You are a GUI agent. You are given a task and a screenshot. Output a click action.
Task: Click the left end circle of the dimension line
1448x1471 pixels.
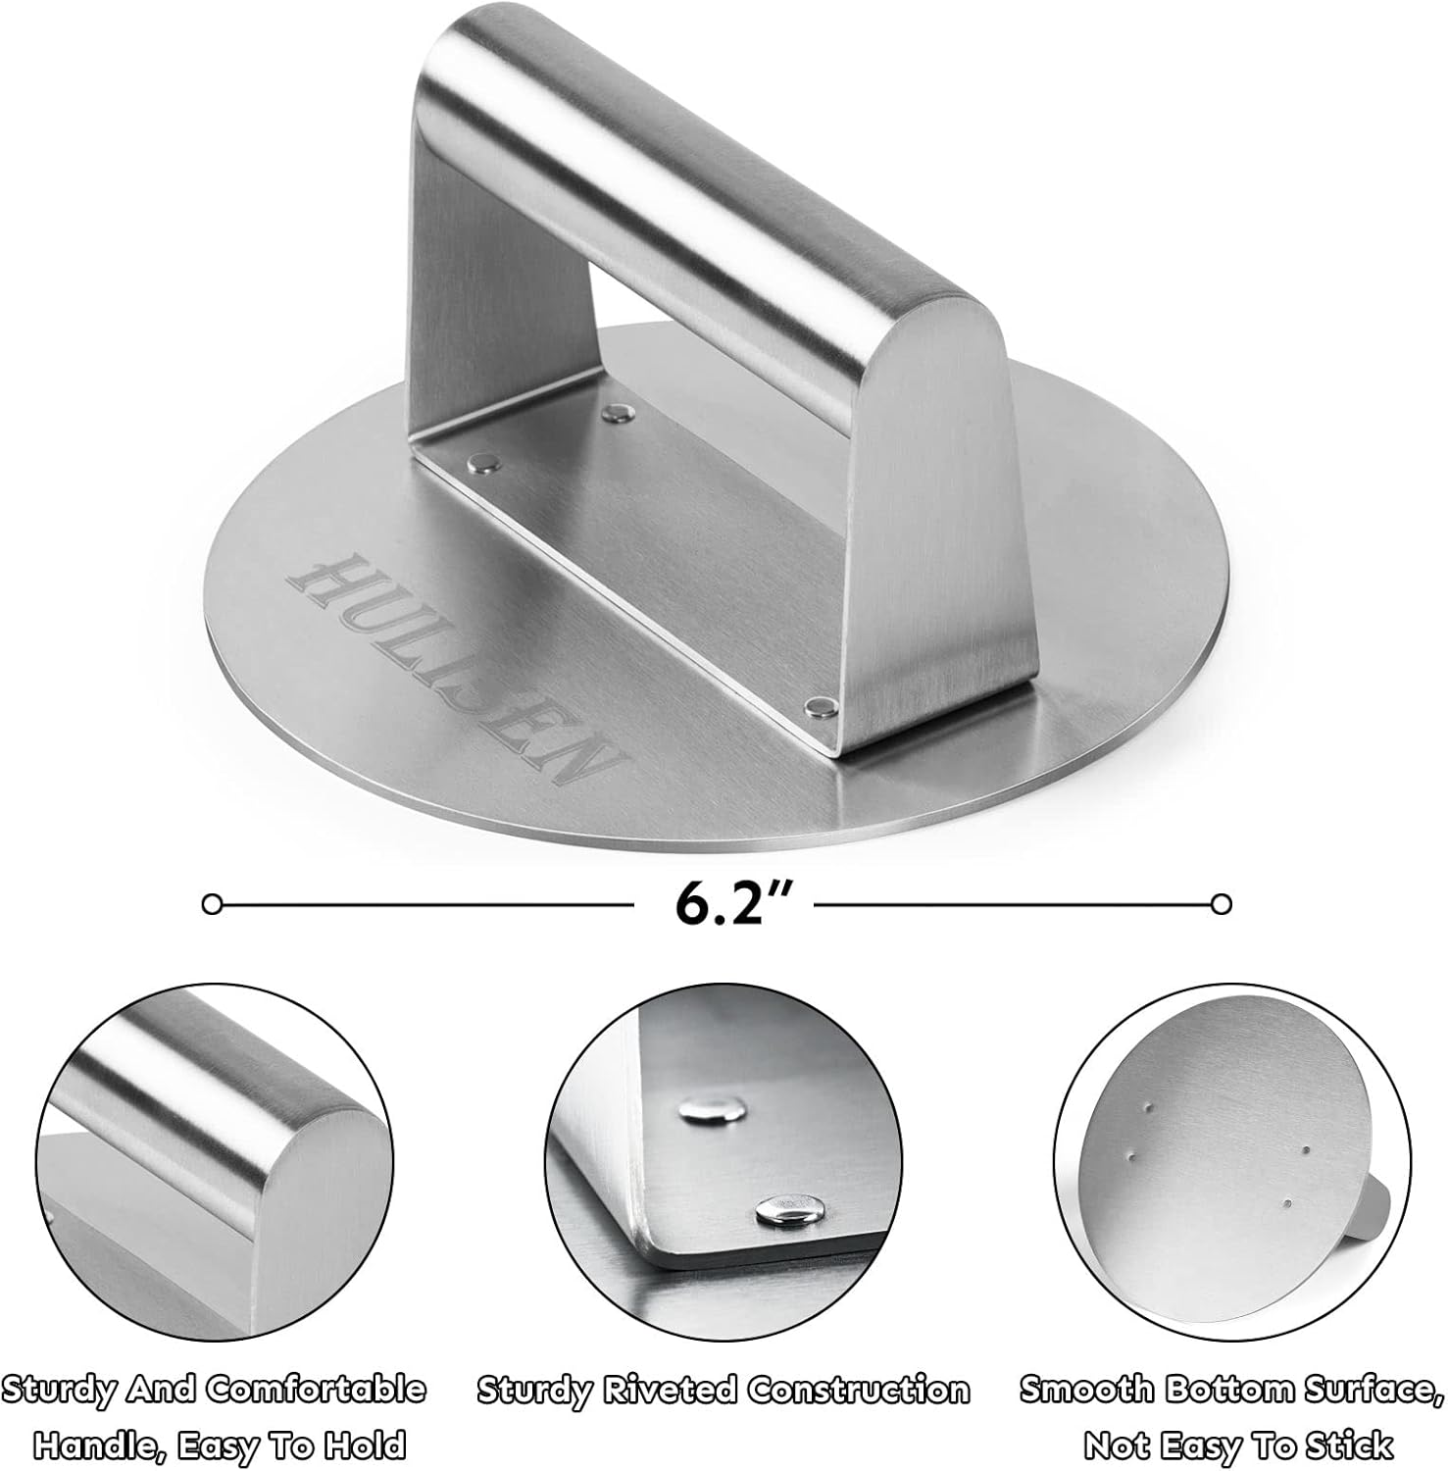pos(212,903)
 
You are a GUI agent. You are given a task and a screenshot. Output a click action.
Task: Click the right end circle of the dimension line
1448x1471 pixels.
pos(1222,903)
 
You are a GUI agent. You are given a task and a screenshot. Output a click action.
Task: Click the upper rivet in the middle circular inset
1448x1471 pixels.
pos(710,1109)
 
